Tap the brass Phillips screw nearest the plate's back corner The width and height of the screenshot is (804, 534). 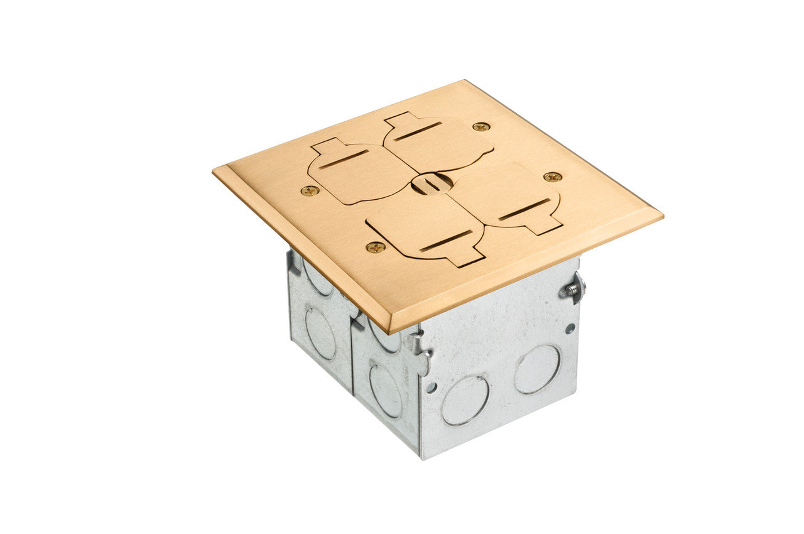click(481, 126)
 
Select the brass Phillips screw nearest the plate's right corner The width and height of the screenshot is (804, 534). click(553, 177)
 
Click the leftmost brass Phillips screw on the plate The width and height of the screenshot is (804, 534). click(309, 190)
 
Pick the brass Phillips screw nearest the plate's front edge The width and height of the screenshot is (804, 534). click(376, 247)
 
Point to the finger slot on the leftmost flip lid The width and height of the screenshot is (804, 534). click(343, 160)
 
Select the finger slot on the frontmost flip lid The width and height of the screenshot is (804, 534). click(445, 241)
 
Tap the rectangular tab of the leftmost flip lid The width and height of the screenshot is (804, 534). click(326, 147)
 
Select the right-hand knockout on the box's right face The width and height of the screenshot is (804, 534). click(537, 369)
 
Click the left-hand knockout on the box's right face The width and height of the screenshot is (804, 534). click(464, 400)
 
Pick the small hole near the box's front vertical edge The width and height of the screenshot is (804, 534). click(431, 388)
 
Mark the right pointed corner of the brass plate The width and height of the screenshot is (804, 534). click(661, 215)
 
